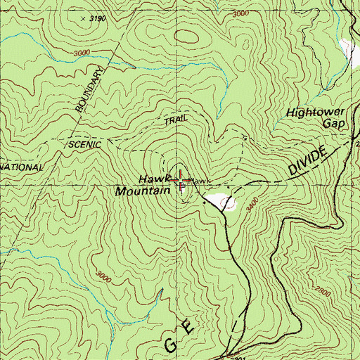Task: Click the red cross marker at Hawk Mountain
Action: click(x=181, y=180)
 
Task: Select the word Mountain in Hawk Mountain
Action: click(x=143, y=191)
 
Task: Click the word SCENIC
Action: click(x=86, y=143)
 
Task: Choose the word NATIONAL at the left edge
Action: click(x=21, y=168)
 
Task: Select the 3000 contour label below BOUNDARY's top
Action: click(x=82, y=53)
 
